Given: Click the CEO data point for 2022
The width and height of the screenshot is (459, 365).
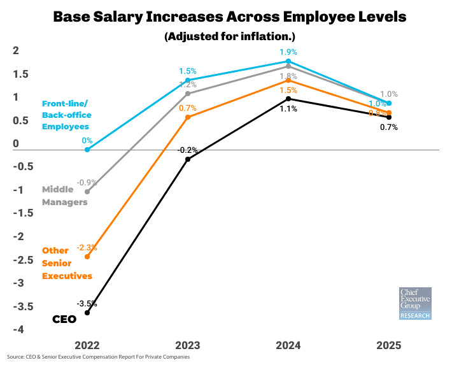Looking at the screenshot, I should click(x=87, y=313).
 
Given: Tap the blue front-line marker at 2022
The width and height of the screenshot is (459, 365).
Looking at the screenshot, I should click(x=87, y=150).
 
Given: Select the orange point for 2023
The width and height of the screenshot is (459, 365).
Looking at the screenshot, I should click(x=187, y=117).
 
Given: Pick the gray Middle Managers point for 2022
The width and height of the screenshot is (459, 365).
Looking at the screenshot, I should click(x=87, y=191).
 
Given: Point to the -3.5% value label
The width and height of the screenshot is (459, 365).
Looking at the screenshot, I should click(x=87, y=303).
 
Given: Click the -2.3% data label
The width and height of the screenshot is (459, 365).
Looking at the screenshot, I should click(x=87, y=247).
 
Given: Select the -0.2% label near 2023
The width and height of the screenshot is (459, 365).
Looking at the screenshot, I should click(x=188, y=150).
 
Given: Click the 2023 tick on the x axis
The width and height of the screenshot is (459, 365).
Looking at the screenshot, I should click(x=188, y=345).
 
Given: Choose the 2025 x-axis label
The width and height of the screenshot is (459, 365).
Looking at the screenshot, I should click(x=388, y=345).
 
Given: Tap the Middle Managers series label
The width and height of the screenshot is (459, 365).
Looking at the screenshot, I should click(x=64, y=196).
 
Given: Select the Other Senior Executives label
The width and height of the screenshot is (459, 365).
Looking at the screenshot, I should click(x=67, y=263).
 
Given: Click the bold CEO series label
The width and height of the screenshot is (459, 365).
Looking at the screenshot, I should click(x=64, y=318).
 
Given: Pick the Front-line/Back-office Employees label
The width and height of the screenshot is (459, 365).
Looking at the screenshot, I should click(x=67, y=115).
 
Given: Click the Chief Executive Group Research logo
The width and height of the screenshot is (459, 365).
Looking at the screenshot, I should click(x=415, y=303).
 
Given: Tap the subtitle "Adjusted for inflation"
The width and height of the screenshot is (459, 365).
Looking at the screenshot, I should click(x=229, y=36).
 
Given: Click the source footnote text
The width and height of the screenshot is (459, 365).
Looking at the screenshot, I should click(x=99, y=357).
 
